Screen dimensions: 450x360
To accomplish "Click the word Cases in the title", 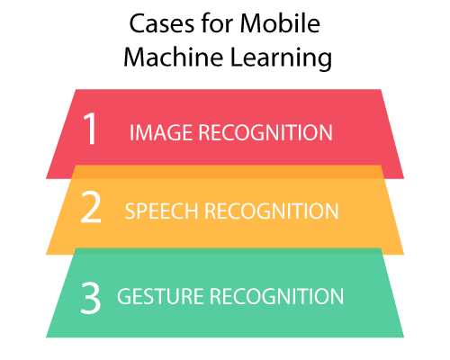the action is point(162,23).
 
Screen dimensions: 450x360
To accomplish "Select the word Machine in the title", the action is point(174,57).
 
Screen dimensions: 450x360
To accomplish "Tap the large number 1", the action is point(90,129).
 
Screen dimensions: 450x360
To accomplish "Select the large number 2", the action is point(91,208).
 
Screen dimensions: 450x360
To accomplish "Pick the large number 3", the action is point(91,299).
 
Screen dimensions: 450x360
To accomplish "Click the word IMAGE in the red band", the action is point(161,132).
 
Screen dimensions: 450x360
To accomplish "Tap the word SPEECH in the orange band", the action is point(162,211).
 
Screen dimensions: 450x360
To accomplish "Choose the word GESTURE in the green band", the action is point(160,296).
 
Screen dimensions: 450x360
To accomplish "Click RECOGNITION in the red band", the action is point(265,132).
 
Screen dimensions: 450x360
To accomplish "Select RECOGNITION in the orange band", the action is point(272,211).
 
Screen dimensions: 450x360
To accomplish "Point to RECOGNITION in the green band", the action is point(276,296).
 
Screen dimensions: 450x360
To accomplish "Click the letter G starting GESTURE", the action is point(124,296).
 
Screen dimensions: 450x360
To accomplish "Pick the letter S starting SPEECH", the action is point(130,211).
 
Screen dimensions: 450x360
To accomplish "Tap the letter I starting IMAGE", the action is point(131,132).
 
